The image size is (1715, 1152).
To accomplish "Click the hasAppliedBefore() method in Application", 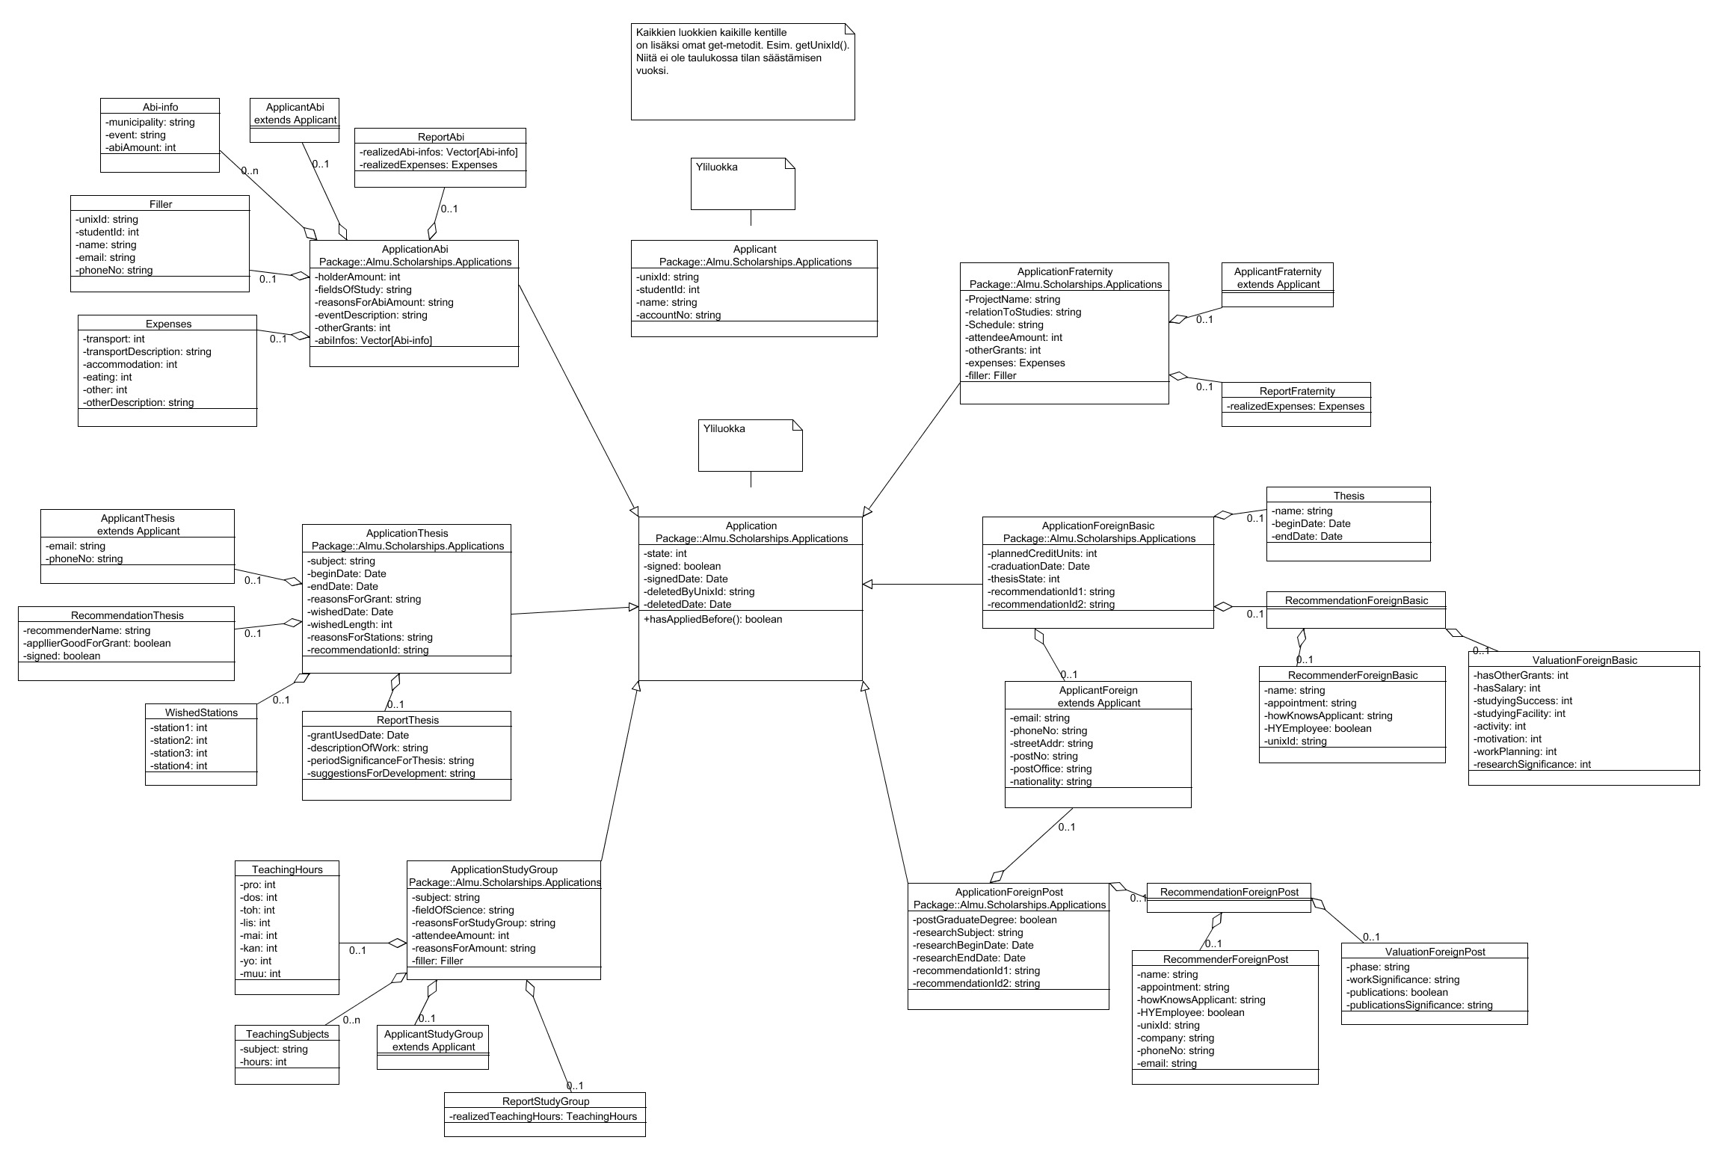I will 712,619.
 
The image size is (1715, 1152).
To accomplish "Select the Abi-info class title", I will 160,107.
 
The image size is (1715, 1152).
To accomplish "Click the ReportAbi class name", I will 440,137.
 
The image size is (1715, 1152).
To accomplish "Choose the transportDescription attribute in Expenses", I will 147,351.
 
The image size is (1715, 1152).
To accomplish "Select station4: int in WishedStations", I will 179,766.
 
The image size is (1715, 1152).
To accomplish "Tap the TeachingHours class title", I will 287,869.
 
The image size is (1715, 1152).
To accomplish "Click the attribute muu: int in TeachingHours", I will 260,973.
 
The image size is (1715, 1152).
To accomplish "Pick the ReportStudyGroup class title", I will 545,1101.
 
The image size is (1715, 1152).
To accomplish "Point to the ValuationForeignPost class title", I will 1435,952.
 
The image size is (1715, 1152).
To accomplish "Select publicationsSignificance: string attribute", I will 1420,1005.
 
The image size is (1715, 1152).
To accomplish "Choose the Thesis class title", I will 1349,496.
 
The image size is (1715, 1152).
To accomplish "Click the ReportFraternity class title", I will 1296,391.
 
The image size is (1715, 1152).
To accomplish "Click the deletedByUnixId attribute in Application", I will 699,591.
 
